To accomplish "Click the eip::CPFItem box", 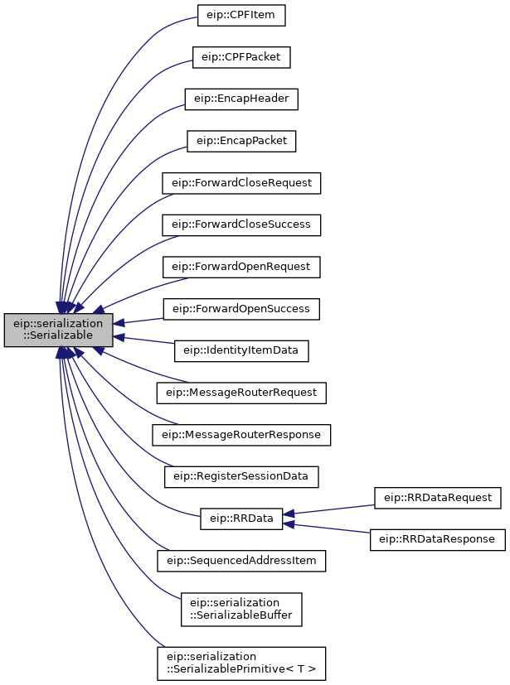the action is click(x=241, y=15).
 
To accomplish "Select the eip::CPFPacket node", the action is click(x=241, y=57).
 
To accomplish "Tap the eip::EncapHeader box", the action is click(x=241, y=99).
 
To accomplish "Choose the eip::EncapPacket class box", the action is click(x=241, y=141).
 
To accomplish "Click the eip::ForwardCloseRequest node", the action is click(x=241, y=183).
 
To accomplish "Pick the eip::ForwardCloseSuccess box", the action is click(x=241, y=225).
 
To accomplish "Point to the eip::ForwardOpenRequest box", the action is click(x=241, y=267).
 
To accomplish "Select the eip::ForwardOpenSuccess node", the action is click(x=241, y=309).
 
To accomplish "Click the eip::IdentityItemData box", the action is click(x=241, y=351).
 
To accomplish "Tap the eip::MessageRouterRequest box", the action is click(x=241, y=393).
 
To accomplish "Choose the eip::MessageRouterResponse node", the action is click(x=241, y=435).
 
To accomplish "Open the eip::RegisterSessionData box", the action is click(x=241, y=476).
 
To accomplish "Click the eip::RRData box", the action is click(x=241, y=519).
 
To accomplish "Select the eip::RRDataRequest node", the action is click(x=438, y=498).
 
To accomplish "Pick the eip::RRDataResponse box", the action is click(x=438, y=539).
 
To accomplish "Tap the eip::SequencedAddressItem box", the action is click(x=241, y=561).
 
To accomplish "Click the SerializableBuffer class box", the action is click(x=241, y=610).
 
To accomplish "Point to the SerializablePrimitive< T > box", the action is click(x=241, y=663).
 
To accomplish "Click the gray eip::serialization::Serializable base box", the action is click(x=59, y=330).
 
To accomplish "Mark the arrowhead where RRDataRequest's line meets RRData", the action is click(x=289, y=514).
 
